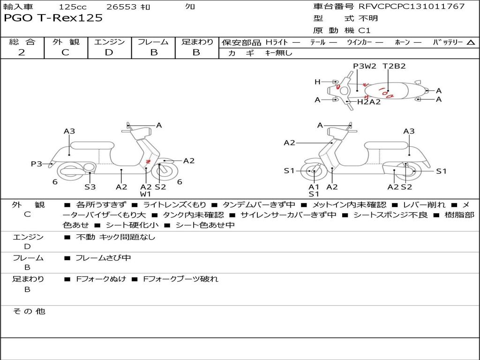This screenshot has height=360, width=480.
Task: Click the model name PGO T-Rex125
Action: (x=53, y=18)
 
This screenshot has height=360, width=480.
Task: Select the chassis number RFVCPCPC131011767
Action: (x=412, y=6)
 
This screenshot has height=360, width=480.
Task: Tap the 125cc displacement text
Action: (x=73, y=7)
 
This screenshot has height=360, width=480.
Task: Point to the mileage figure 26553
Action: (x=121, y=7)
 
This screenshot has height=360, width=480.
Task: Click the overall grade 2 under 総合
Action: (x=22, y=52)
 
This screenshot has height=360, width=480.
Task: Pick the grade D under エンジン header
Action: (x=109, y=52)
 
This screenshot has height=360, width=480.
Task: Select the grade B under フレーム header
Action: (x=154, y=52)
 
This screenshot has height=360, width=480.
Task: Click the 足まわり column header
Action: (x=197, y=42)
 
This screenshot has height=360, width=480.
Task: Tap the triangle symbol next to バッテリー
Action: (x=471, y=43)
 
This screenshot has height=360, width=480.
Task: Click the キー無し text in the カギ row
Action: (x=278, y=53)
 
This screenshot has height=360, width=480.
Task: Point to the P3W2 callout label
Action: (x=364, y=66)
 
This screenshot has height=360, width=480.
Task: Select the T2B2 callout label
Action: (x=394, y=66)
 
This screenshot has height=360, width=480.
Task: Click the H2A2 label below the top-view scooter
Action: (x=369, y=101)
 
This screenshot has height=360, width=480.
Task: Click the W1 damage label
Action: (x=145, y=194)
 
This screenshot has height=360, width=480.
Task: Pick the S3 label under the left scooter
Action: (x=90, y=187)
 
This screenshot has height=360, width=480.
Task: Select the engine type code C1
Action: (x=364, y=30)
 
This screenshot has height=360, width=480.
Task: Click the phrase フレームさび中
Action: (x=103, y=258)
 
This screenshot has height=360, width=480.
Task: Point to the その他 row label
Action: (x=29, y=311)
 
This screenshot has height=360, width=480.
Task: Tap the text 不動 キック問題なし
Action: (x=115, y=237)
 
